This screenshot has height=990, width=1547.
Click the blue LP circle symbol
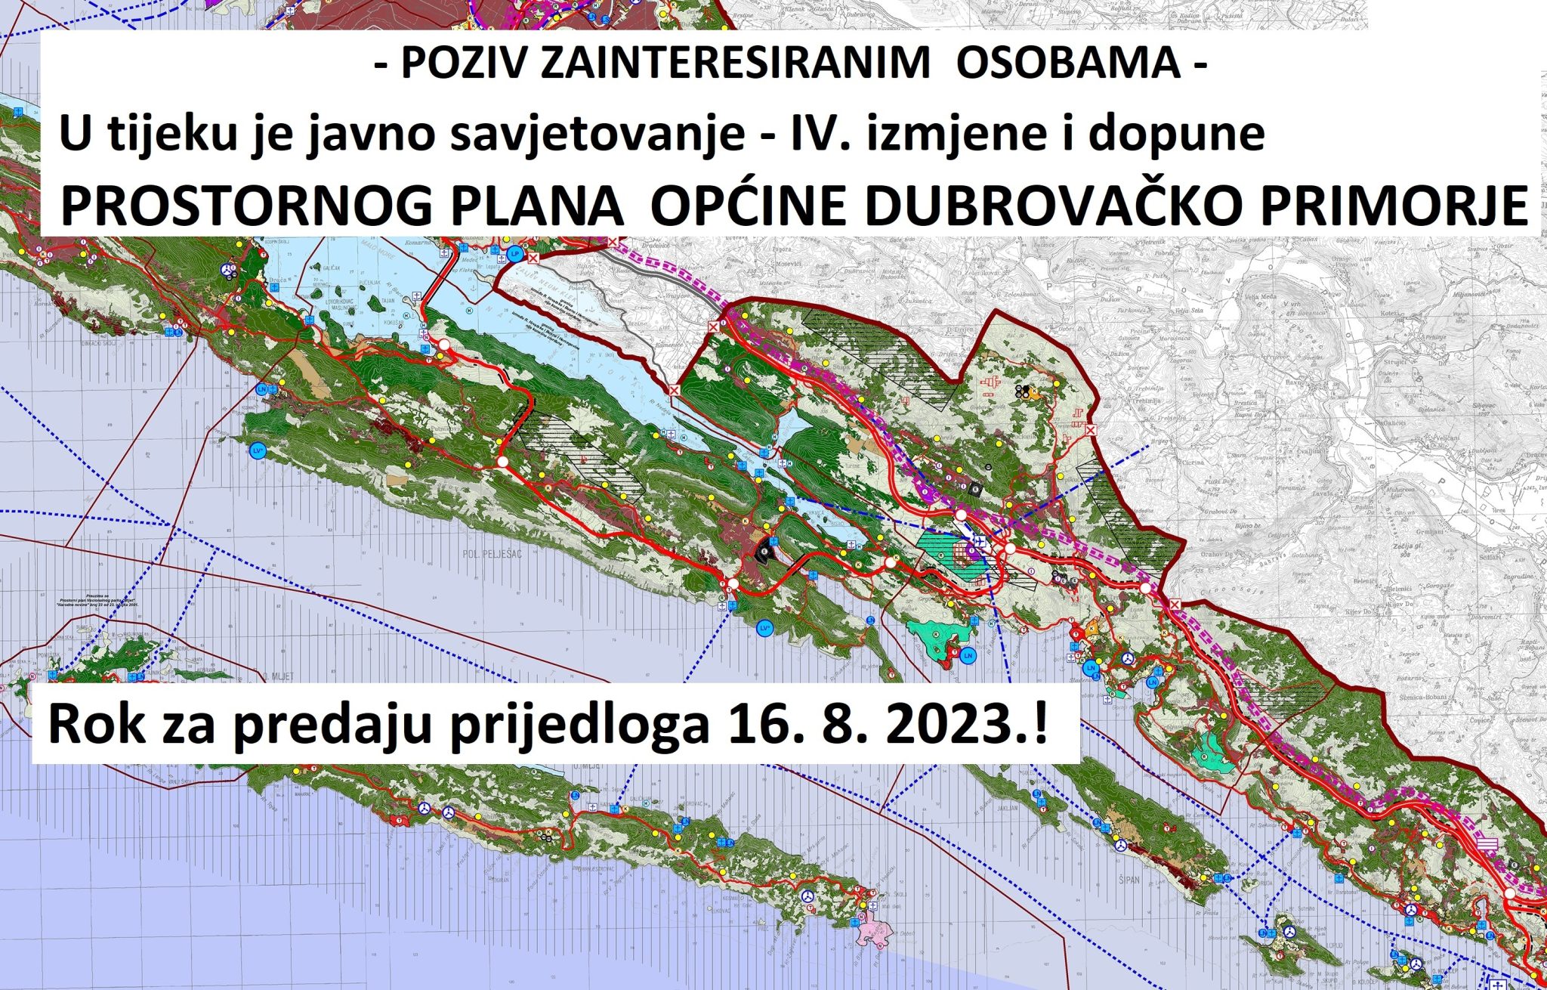pos(515,253)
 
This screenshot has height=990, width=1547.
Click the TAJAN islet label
pos(388,300)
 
